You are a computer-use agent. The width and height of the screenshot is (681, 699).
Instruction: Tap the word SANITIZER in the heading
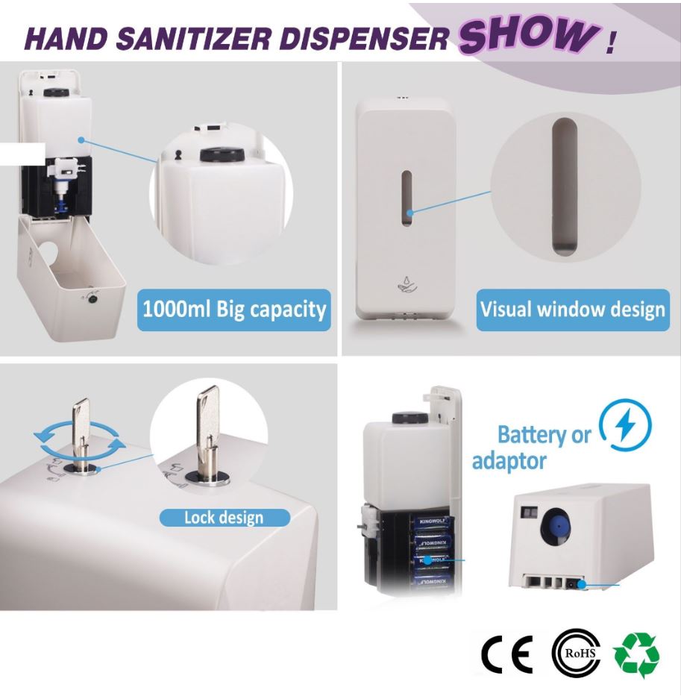click(x=193, y=38)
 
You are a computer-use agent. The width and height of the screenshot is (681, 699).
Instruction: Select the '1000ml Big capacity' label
click(x=234, y=310)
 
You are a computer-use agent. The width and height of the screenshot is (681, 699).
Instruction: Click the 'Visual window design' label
click(x=573, y=310)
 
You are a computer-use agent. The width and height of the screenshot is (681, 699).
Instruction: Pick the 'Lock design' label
click(x=225, y=518)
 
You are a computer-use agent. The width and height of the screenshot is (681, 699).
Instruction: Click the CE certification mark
click(x=507, y=654)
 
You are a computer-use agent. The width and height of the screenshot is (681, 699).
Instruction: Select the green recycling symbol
click(x=636, y=654)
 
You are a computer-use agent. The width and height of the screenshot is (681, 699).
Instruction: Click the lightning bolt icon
click(x=625, y=424)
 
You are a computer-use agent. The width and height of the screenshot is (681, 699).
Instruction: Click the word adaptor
click(x=509, y=461)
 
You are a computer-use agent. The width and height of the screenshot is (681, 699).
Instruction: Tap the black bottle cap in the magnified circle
click(x=222, y=154)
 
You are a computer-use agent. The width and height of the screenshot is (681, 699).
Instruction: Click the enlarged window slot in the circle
click(x=565, y=186)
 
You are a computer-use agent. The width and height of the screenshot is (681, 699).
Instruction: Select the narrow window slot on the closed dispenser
click(x=406, y=198)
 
